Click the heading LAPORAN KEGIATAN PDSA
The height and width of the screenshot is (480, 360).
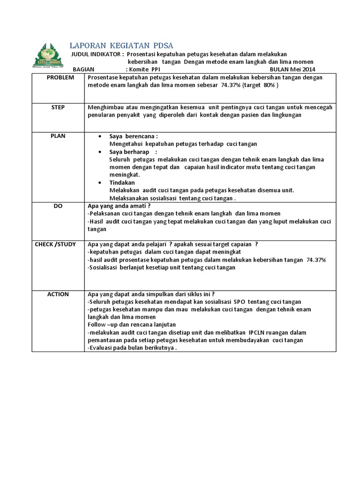pyautogui.click(x=121, y=45)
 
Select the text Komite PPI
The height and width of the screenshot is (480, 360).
pyautogui.click(x=145, y=69)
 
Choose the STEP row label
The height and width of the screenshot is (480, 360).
pyautogui.click(x=58, y=107)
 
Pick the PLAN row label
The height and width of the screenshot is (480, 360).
pyautogui.click(x=58, y=136)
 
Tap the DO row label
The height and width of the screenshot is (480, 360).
pyautogui.click(x=58, y=205)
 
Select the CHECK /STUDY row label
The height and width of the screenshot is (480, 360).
pyautogui.click(x=55, y=244)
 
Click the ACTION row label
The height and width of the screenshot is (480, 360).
pyautogui.click(x=58, y=294)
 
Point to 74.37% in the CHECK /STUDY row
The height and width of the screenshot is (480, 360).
pyautogui.click(x=316, y=260)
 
